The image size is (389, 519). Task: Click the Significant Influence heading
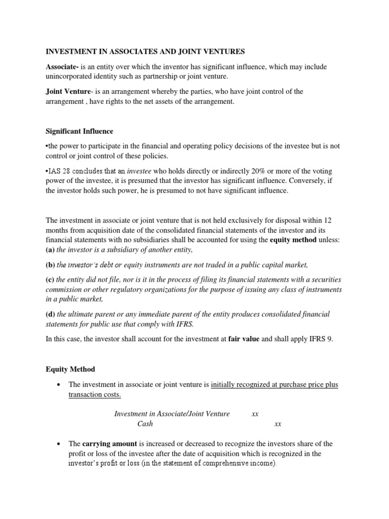pyautogui.click(x=80, y=131)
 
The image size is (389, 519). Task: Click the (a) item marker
pyautogui.click(x=50, y=250)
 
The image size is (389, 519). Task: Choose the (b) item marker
pyautogui.click(x=51, y=265)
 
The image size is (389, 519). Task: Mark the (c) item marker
pyautogui.click(x=50, y=280)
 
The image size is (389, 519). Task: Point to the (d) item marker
pyautogui.click(x=51, y=314)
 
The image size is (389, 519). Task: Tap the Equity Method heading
pyautogui.click(x=70, y=369)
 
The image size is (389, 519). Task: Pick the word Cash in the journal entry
pyautogui.click(x=145, y=424)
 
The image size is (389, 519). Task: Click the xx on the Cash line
pyautogui.click(x=277, y=424)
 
